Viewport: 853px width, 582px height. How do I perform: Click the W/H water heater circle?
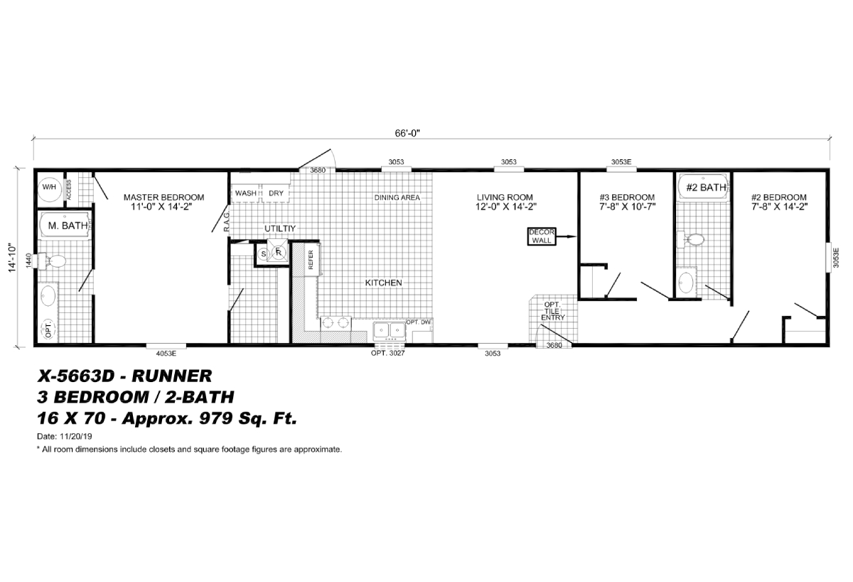click(49, 186)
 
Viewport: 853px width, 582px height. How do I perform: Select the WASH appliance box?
click(246, 193)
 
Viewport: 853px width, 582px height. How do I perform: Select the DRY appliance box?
click(276, 193)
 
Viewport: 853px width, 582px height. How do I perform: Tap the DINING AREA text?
click(397, 197)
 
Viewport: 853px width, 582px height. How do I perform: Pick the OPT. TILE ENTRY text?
click(552, 310)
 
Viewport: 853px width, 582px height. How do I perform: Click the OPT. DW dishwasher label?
click(419, 322)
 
